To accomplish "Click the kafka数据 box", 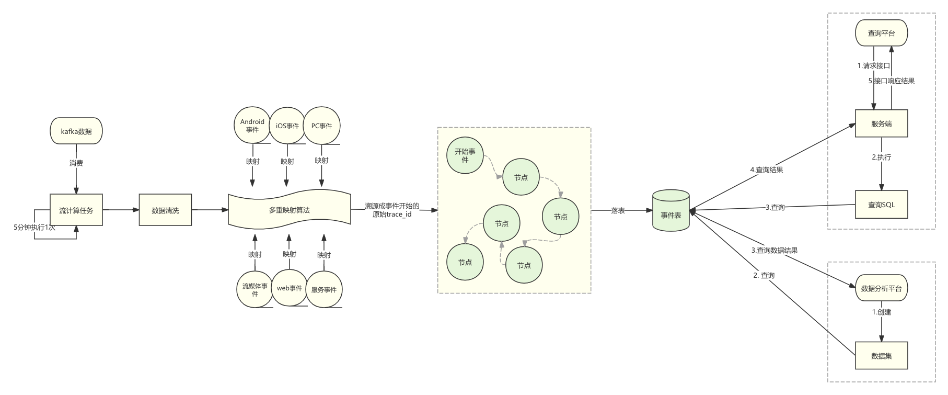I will tap(76, 131).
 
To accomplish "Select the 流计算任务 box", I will tap(76, 210).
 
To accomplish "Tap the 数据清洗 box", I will tap(165, 210).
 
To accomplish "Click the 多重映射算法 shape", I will tap(290, 210).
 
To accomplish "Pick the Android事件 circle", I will tap(252, 126).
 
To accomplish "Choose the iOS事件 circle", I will tap(287, 126).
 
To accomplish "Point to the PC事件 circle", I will tap(322, 126).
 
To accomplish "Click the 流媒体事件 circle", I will tap(255, 290).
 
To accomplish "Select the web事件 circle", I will tap(290, 288).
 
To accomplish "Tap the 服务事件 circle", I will tap(324, 290).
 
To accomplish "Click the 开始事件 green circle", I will tap(465, 156).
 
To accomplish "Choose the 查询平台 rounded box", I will tap(882, 33).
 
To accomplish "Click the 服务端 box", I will tap(882, 124).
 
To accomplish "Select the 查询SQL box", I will tap(882, 205).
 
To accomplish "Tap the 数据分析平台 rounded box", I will tap(882, 288).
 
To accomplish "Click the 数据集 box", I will tap(882, 356).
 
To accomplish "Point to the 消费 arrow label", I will tap(76, 163).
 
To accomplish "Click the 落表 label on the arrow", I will tap(618, 210).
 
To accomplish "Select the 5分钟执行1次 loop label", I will tap(34, 227).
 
